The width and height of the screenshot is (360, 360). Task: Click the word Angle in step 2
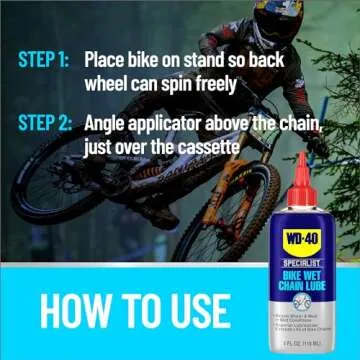(x=108, y=125)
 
